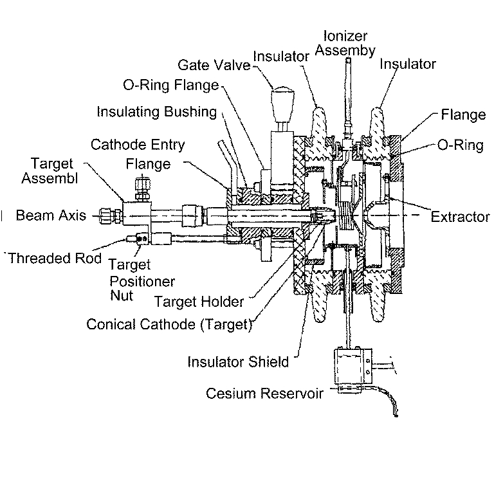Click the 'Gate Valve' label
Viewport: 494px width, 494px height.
[x=214, y=65]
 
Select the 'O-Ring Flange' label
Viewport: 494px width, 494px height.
[x=170, y=86]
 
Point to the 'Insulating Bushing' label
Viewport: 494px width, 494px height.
[x=156, y=112]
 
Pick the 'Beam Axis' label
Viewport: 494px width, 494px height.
[x=51, y=215]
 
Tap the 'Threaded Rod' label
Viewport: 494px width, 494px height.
[x=53, y=259]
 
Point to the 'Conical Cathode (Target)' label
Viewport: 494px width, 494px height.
[x=169, y=324]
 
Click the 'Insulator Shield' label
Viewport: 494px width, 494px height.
[x=238, y=362]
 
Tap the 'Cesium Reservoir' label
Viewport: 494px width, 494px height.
[x=264, y=393]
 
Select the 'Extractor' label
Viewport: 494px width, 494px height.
[x=460, y=217]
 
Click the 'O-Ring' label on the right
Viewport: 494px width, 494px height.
[x=460, y=145]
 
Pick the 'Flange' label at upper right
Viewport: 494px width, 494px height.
[x=462, y=115]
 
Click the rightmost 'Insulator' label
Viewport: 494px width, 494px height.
[x=408, y=64]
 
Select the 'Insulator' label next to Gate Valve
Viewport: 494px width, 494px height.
[x=281, y=56]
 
